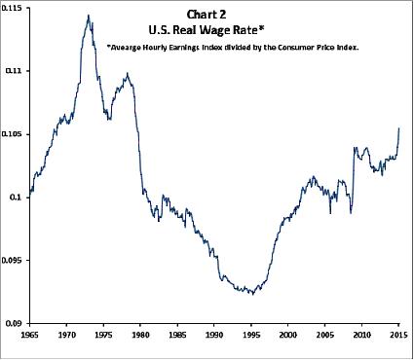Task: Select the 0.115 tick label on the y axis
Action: (x=15, y=8)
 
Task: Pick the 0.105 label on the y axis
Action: (x=15, y=134)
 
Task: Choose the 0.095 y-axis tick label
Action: (x=15, y=260)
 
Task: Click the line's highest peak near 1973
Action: (x=89, y=16)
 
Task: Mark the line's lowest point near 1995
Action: (x=251, y=293)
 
